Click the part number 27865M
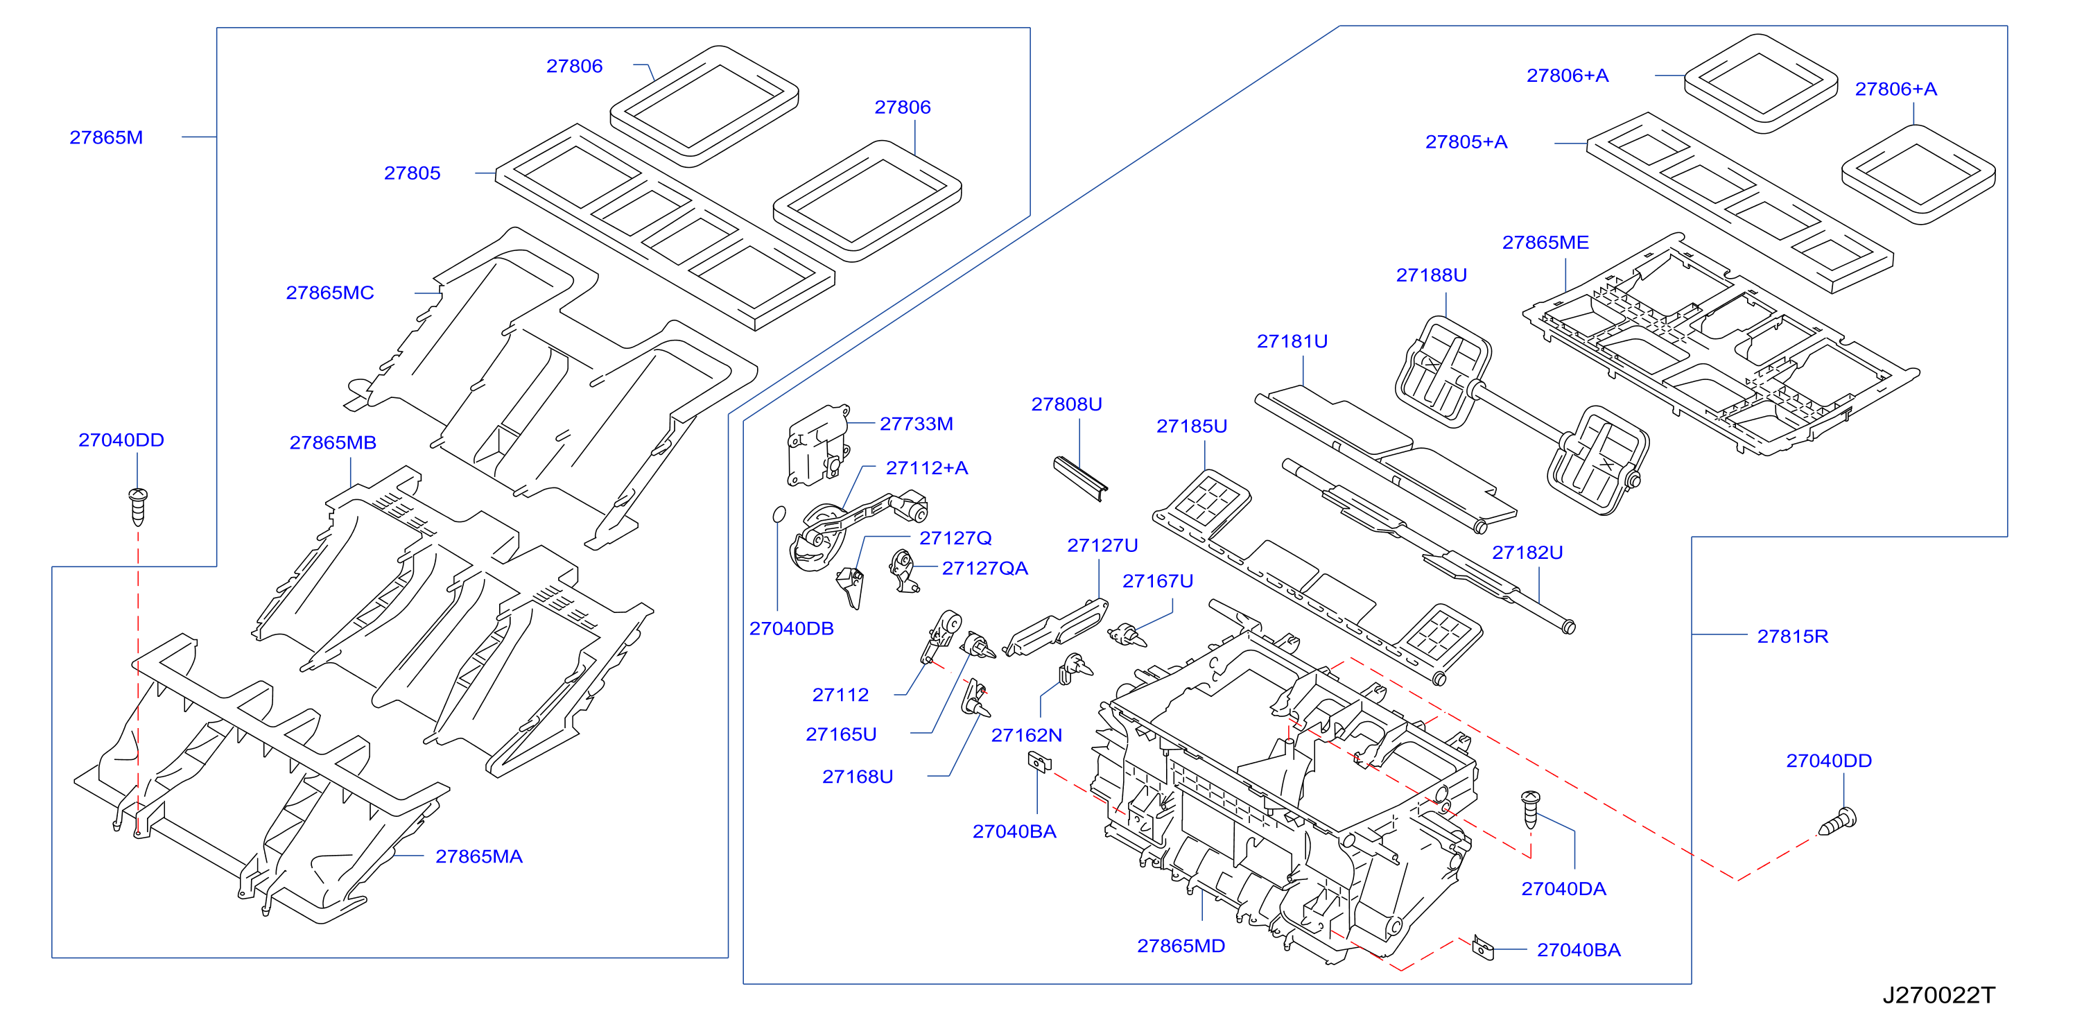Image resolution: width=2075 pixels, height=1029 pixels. (106, 138)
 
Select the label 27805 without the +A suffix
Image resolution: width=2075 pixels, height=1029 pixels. (413, 173)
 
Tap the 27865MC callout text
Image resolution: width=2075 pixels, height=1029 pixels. (330, 293)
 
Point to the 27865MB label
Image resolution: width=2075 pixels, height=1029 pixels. (333, 442)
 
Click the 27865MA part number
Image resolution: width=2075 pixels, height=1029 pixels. (479, 856)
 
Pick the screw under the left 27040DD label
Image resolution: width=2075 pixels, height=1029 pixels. (139, 506)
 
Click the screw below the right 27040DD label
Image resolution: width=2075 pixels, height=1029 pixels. (1838, 822)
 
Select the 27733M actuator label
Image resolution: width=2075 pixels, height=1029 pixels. (917, 424)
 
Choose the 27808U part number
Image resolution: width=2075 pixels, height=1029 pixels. (1066, 404)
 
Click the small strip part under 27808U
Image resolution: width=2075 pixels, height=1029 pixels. (1081, 478)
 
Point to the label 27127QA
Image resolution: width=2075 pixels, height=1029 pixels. (985, 568)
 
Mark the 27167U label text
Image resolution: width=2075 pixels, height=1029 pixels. (1158, 581)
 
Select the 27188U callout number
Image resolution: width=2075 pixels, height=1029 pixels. (1432, 275)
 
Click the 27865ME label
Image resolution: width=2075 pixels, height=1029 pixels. (1546, 243)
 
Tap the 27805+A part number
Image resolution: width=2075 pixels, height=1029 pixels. (1466, 142)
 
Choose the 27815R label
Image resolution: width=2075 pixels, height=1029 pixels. (1793, 637)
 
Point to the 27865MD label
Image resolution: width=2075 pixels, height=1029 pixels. (1181, 946)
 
